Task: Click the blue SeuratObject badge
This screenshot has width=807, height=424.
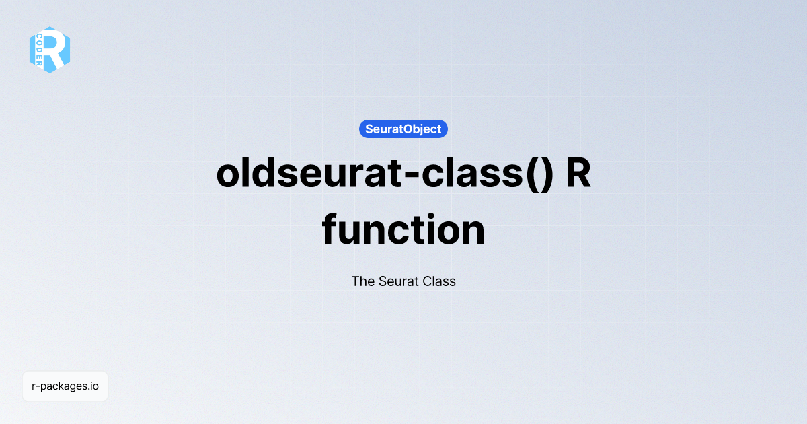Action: (403, 129)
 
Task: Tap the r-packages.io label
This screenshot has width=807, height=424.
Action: (65, 386)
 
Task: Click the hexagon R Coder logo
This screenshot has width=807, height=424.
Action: (50, 50)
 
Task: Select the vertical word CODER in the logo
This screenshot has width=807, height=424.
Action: (40, 50)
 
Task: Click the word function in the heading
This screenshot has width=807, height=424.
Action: (403, 230)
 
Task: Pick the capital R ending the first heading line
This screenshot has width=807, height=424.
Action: (578, 174)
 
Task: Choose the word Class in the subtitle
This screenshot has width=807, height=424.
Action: (439, 281)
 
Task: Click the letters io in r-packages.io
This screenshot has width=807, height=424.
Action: (94, 386)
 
